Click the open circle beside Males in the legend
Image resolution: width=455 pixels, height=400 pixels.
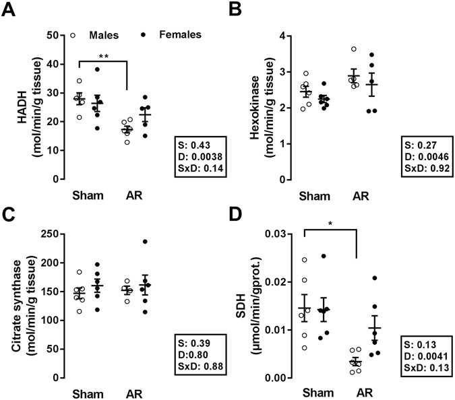click(x=72, y=34)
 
